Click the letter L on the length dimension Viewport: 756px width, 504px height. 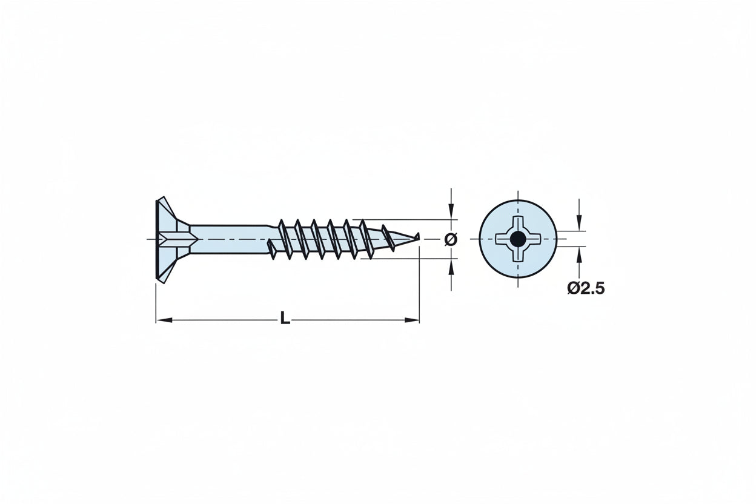point(285,319)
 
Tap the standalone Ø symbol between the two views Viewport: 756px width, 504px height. point(451,239)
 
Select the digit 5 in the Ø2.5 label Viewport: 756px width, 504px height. point(598,289)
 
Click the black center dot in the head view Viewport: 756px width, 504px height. point(518,239)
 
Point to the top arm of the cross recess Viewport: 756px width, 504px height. point(518,222)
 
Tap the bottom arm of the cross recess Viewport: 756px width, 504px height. point(518,256)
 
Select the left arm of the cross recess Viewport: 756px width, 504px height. point(502,239)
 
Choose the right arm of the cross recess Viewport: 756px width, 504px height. point(535,239)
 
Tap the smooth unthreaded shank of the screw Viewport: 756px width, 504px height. point(230,239)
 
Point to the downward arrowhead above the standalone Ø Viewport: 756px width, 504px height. point(451,212)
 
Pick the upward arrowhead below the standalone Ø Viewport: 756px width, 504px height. point(451,266)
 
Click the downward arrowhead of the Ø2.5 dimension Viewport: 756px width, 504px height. point(579,224)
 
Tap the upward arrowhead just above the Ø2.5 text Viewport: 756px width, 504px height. point(579,254)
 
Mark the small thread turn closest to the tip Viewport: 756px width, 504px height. point(388,237)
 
